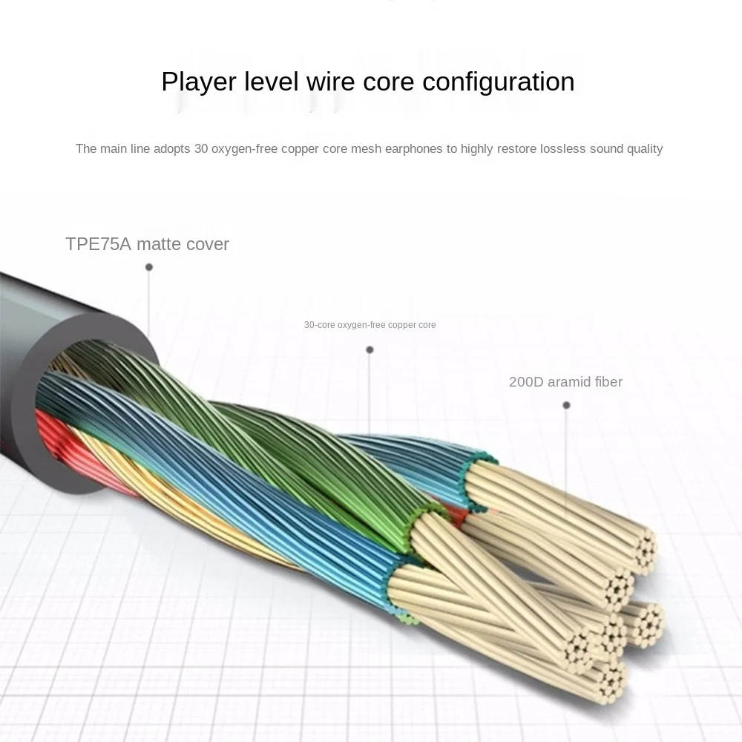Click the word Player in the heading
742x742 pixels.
197,82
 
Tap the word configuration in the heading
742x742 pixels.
498,82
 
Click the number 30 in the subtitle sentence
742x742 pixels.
201,149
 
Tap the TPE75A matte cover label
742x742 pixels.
147,244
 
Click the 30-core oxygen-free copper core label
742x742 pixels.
370,325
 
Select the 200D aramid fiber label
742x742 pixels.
565,382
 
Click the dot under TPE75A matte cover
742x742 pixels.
149,267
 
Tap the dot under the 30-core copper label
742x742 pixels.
370,349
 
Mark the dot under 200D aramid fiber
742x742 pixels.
566,405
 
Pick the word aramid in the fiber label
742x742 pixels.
568,382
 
